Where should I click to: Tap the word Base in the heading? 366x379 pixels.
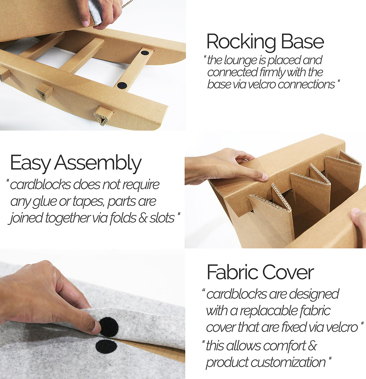[x=303, y=41]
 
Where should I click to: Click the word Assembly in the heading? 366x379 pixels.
[x=98, y=163]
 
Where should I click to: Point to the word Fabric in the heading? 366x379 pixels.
[x=232, y=272]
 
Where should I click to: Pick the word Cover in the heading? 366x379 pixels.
[x=288, y=272]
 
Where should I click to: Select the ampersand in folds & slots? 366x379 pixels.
[x=143, y=218]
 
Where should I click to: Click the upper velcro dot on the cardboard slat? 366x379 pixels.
[x=145, y=52]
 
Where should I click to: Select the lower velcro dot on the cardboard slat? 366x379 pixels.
[x=122, y=85]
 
